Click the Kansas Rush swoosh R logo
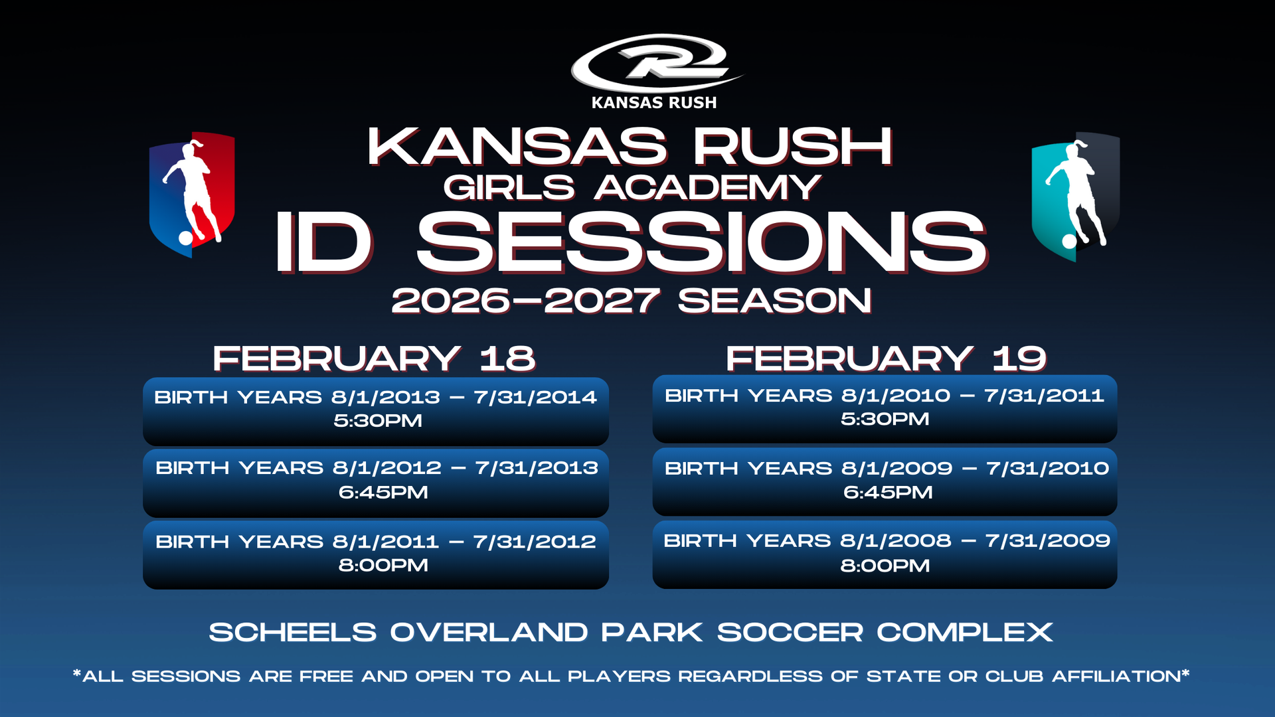pyautogui.click(x=656, y=63)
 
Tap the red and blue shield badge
pyautogui.click(x=192, y=194)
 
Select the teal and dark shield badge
pyautogui.click(x=1075, y=197)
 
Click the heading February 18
pyautogui.click(x=374, y=358)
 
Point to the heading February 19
pyautogui.click(x=886, y=358)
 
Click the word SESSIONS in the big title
pyautogui.click(x=702, y=243)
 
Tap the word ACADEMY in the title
pyautogui.click(x=708, y=187)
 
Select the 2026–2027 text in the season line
pyautogui.click(x=525, y=301)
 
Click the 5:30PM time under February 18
pyautogui.click(x=378, y=420)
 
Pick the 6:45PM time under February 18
pyautogui.click(x=383, y=492)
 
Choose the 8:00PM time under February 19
pyautogui.click(x=885, y=566)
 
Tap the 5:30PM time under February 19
pyautogui.click(x=885, y=419)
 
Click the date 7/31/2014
pyautogui.click(x=535, y=397)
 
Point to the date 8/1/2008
pyautogui.click(x=896, y=540)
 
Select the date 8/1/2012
pyautogui.click(x=387, y=467)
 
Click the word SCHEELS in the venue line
pyautogui.click(x=293, y=632)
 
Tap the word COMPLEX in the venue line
pyautogui.click(x=965, y=632)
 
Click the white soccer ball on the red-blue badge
pyautogui.click(x=186, y=238)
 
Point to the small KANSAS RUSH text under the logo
pyautogui.click(x=654, y=102)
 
